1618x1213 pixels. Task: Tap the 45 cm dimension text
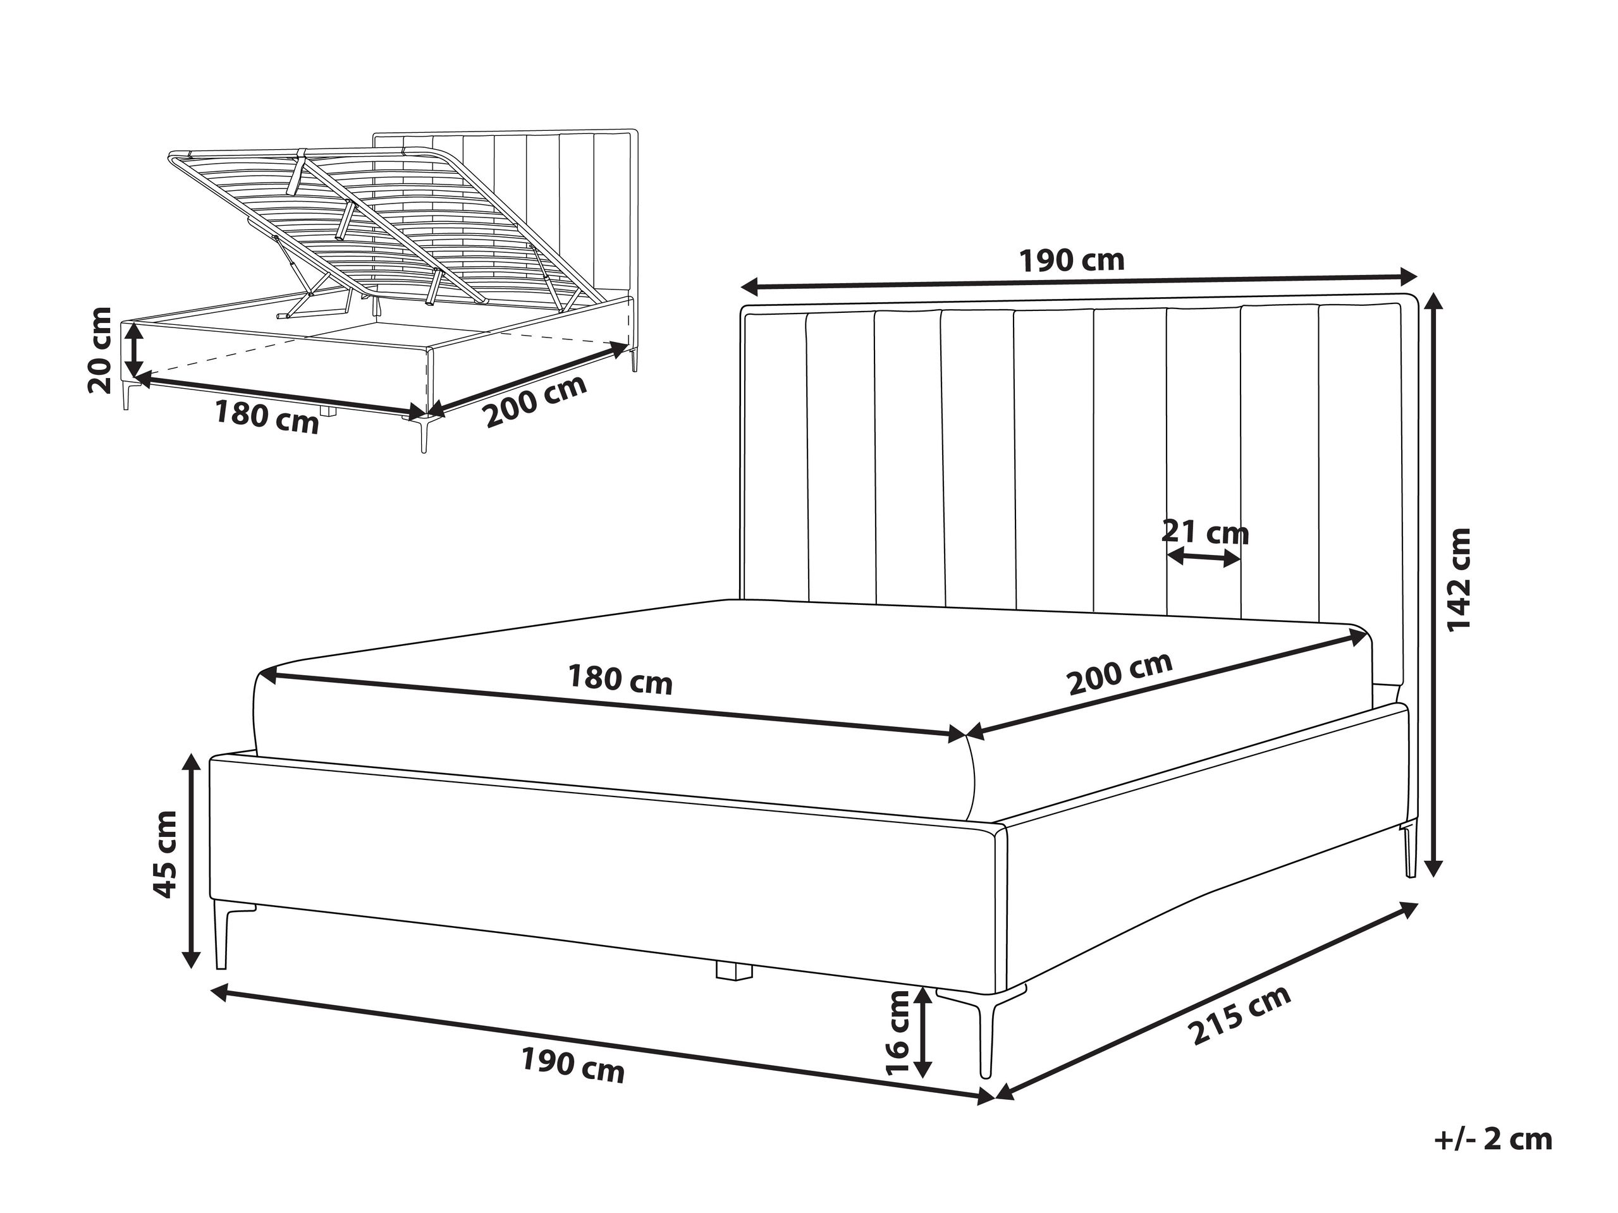(x=164, y=855)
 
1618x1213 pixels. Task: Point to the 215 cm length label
(x=1239, y=1016)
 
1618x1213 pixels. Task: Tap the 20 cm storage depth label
(x=99, y=350)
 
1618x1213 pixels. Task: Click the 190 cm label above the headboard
(x=1072, y=260)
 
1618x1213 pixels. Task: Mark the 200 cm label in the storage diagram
(x=536, y=401)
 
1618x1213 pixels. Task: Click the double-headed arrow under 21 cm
(x=1203, y=559)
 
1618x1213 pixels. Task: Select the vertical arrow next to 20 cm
(x=133, y=350)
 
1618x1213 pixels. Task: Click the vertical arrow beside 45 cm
(x=192, y=860)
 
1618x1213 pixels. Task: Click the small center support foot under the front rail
(x=733, y=972)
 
